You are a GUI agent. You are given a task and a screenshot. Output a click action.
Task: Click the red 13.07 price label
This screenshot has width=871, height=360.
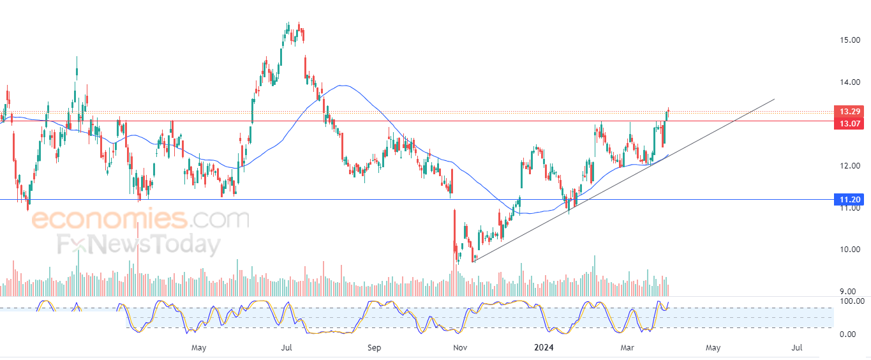[849, 124]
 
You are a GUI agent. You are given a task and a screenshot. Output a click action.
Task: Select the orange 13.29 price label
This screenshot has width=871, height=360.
[849, 112]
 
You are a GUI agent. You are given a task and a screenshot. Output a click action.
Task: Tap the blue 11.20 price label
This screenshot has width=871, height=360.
[849, 199]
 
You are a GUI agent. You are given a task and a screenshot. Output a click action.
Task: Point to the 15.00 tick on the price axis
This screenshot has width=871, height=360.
[850, 40]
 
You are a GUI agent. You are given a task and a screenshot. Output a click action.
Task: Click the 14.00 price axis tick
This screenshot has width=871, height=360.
[850, 82]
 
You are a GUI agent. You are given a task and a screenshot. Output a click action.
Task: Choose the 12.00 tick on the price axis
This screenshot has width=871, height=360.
[850, 165]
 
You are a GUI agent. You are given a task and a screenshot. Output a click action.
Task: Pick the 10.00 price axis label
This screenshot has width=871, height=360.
[850, 249]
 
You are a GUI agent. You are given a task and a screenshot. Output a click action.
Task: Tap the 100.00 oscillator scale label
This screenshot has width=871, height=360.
[852, 301]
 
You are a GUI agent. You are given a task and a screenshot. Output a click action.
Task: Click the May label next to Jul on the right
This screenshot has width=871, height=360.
[713, 348]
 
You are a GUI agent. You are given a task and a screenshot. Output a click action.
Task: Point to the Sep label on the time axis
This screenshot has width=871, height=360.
[374, 348]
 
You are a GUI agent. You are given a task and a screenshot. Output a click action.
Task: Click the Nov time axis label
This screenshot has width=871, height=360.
[460, 348]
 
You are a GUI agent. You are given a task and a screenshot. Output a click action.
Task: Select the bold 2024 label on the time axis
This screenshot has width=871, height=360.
[544, 347]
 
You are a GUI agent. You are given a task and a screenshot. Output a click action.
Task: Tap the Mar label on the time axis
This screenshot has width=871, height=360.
[627, 348]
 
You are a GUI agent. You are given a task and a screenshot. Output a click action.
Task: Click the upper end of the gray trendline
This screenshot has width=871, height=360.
[774, 99]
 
